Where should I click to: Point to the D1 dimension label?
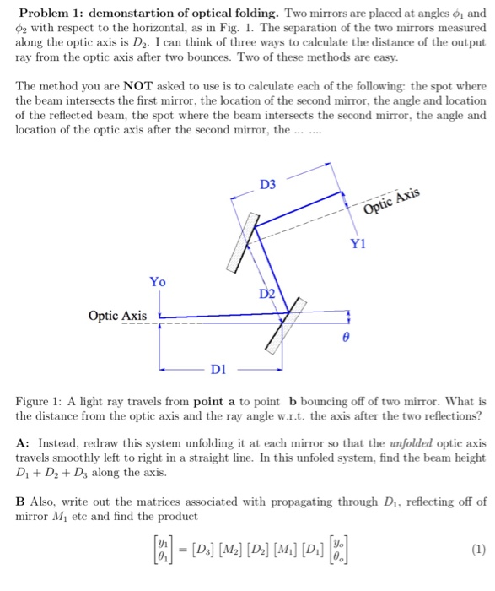218,368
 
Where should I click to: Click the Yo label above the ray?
158,281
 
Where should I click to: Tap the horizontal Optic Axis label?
116,316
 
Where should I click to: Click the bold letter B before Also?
20,501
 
